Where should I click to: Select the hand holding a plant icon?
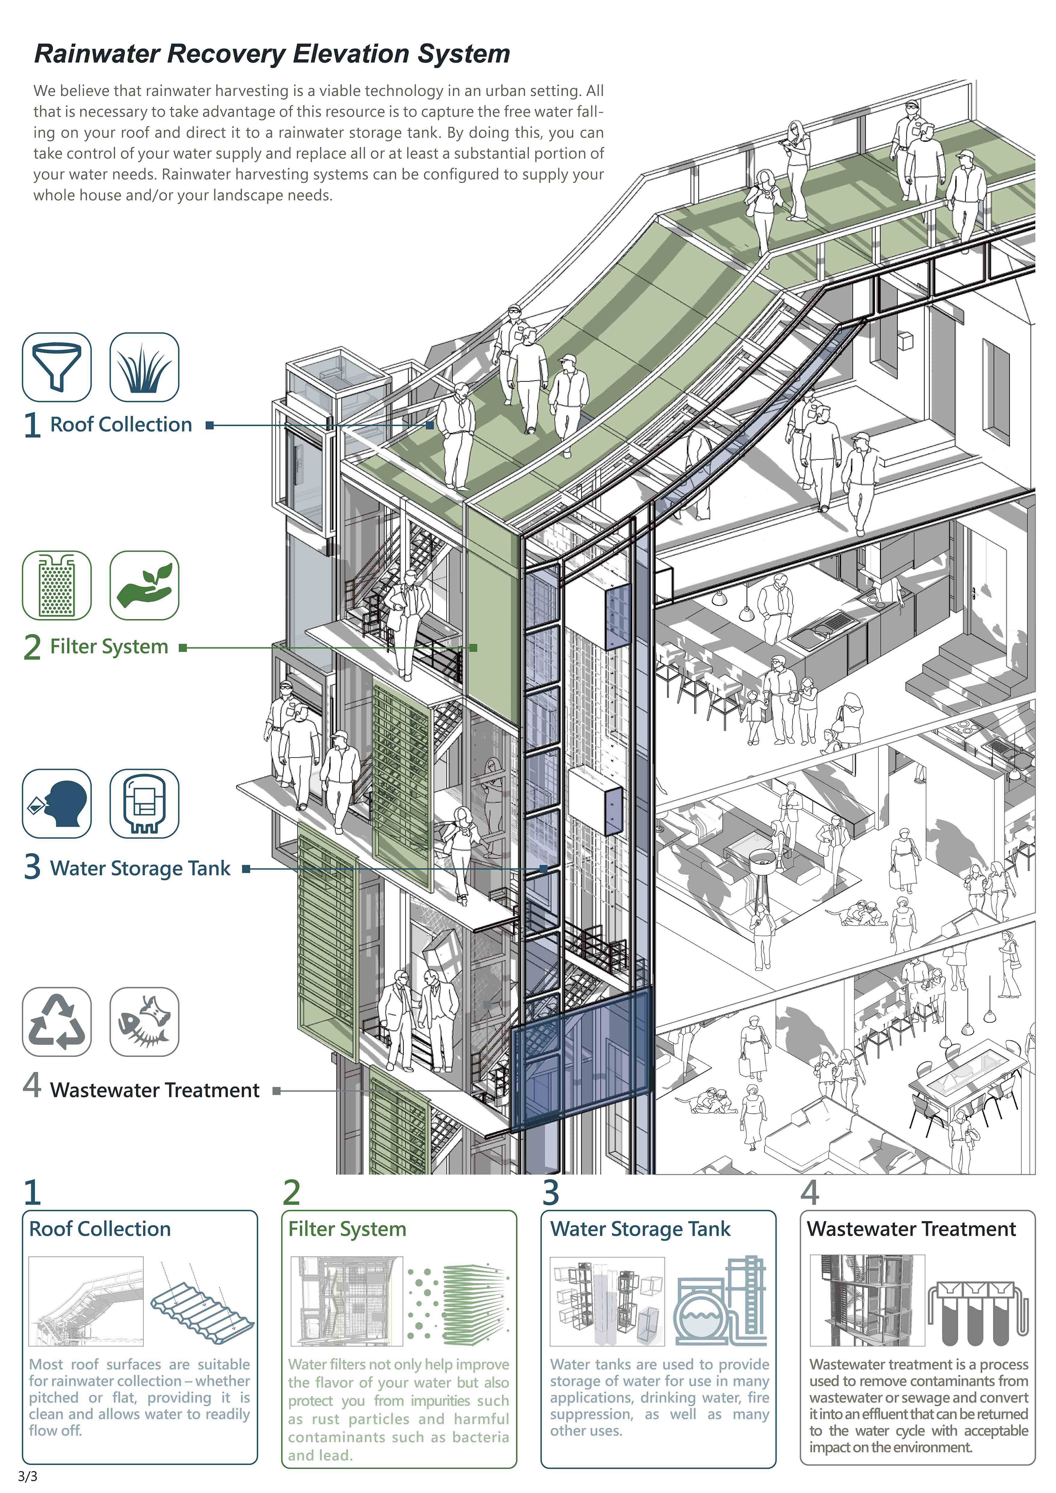click(144, 585)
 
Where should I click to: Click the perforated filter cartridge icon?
click(57, 585)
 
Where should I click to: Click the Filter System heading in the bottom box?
click(347, 1229)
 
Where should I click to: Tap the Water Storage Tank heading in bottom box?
click(641, 1229)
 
